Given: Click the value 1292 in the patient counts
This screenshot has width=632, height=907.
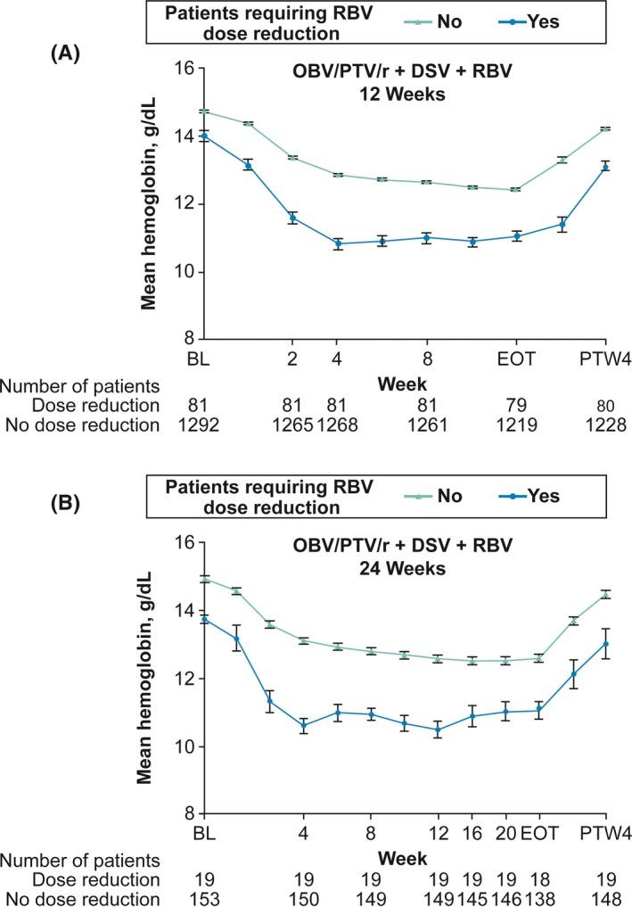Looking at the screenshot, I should (204, 425).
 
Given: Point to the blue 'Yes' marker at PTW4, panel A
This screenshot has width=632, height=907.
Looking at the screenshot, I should (605, 168).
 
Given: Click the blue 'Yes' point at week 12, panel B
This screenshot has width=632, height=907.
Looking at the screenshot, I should (438, 730).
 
